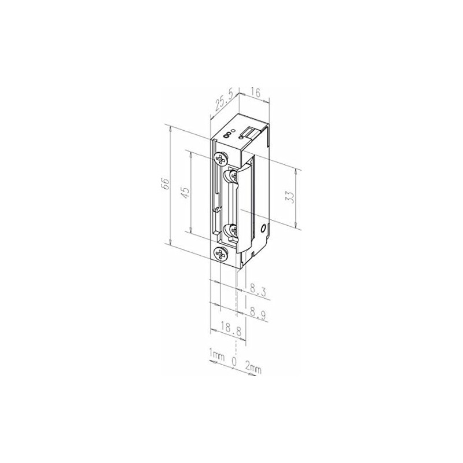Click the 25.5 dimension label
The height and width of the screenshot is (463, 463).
pyautogui.click(x=224, y=102)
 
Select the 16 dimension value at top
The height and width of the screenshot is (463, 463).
pyautogui.click(x=256, y=93)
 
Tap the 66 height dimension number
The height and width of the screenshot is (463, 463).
pyautogui.click(x=166, y=184)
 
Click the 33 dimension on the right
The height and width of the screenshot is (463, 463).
pyautogui.click(x=290, y=197)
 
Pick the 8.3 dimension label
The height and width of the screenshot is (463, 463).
pyautogui.click(x=258, y=290)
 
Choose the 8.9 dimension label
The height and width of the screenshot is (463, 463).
pyautogui.click(x=258, y=314)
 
